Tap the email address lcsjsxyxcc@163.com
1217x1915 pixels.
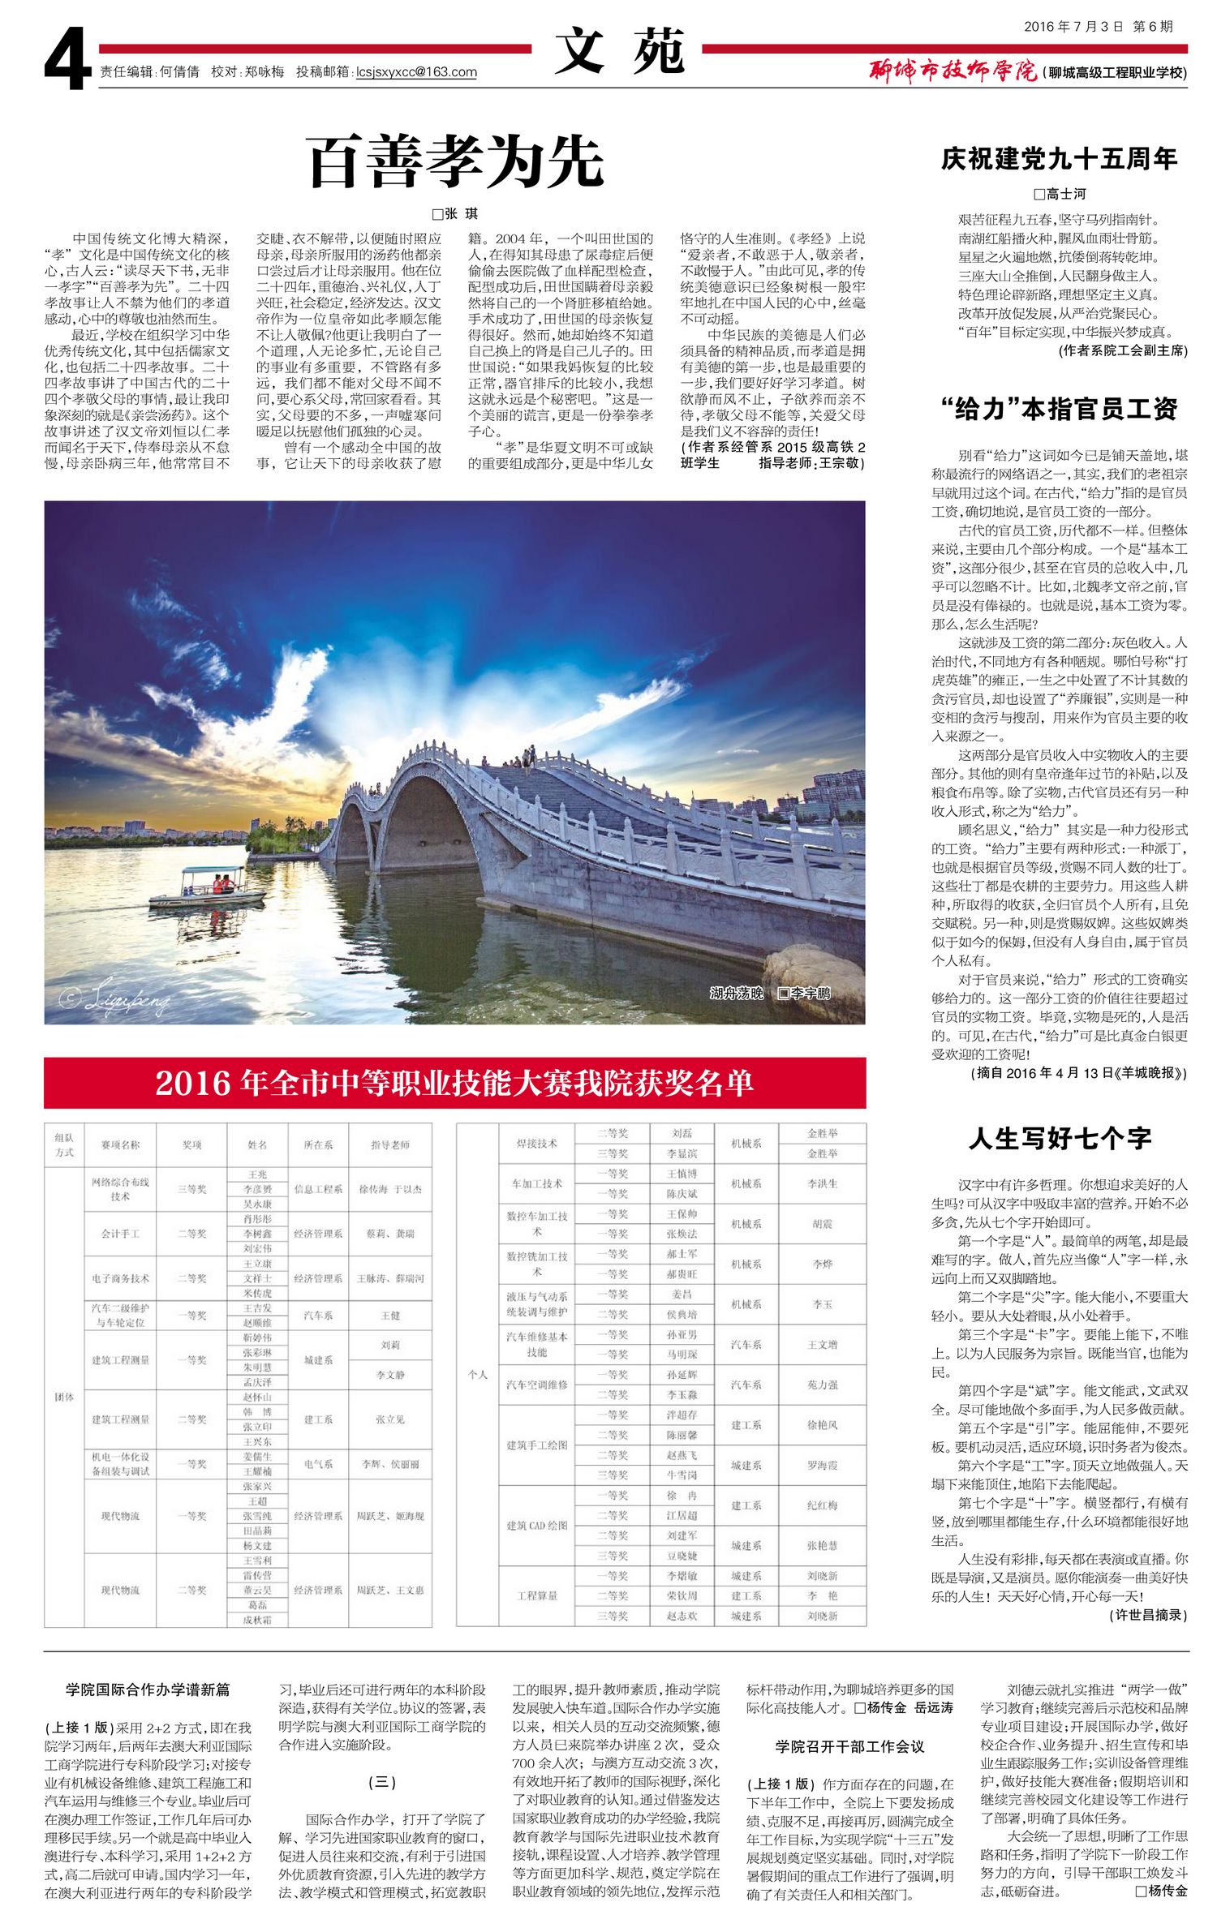(x=416, y=72)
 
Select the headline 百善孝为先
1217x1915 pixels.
(x=455, y=161)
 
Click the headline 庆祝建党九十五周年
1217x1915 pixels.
(x=1059, y=159)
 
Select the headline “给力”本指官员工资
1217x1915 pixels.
(x=1059, y=409)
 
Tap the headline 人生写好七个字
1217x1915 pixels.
(x=1059, y=1138)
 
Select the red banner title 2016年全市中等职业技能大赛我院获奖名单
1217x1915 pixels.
(x=454, y=1083)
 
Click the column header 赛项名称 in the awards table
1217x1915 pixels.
(x=120, y=1144)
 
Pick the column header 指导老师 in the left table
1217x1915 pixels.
(x=389, y=1144)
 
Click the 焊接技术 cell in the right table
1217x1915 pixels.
(x=536, y=1143)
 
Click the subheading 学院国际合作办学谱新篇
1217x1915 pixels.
(x=148, y=1689)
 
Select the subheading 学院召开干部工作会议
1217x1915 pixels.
(x=849, y=1745)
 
